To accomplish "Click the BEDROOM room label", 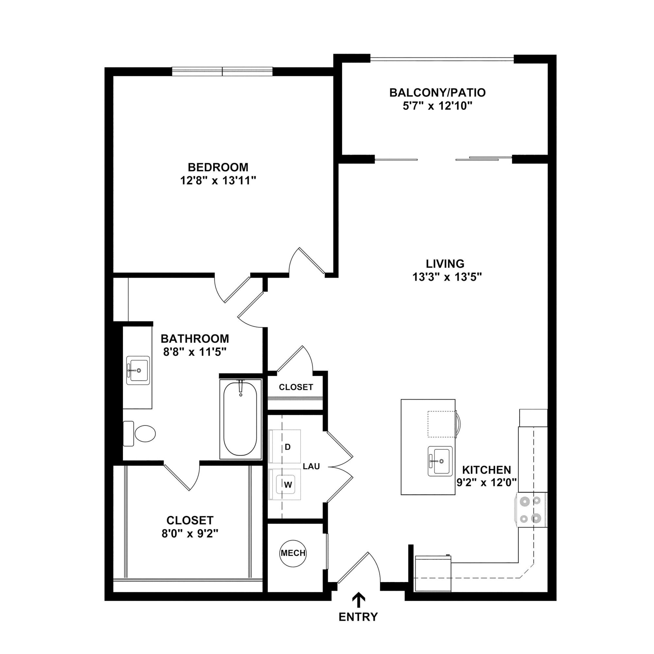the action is coord(218,167).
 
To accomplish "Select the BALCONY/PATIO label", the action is coord(437,92).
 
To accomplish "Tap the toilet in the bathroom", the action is coord(140,433).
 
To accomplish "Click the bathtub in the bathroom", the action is coord(241,419).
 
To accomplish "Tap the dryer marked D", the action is coord(285,446).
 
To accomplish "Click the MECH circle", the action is coord(293,553).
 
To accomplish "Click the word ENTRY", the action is coord(358,617).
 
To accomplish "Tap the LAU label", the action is coord(312,467).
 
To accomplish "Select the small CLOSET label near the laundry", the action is coord(296,387).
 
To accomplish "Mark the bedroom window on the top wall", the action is coord(222,72).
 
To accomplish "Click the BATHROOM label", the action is coord(195,339).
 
